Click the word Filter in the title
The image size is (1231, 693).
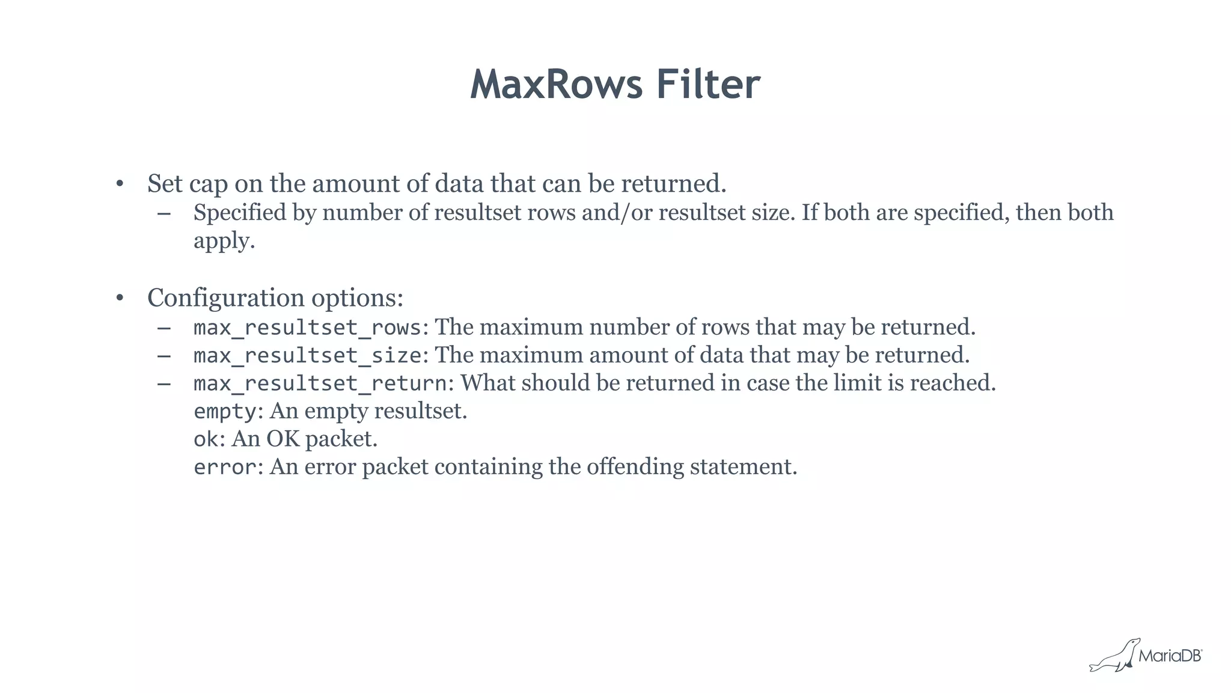point(708,84)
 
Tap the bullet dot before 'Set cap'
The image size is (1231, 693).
point(120,183)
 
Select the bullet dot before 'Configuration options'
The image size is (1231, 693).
point(120,298)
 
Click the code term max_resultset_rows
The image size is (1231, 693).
point(307,328)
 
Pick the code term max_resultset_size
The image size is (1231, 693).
point(307,355)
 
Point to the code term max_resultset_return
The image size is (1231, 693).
point(320,383)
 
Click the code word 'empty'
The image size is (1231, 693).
point(225,412)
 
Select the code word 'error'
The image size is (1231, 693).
point(225,467)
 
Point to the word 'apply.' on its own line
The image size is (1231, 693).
point(224,242)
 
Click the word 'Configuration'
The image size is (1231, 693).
point(225,298)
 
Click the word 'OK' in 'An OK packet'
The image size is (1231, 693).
point(283,439)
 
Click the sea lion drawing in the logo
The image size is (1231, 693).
point(1114,656)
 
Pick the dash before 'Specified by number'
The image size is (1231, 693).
point(163,213)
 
